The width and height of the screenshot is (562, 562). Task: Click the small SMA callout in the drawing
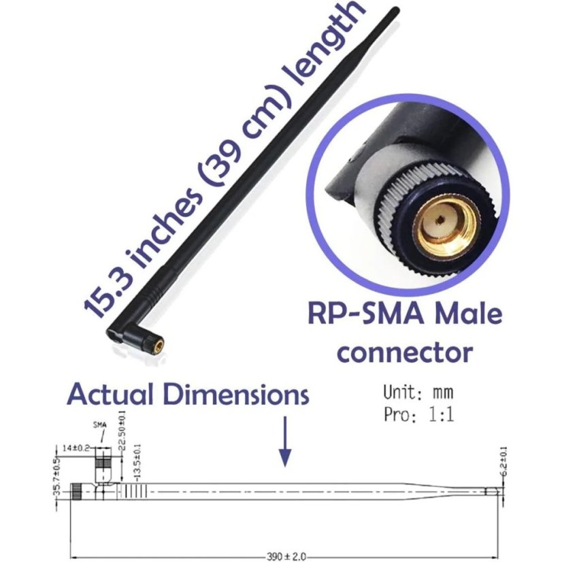(99, 426)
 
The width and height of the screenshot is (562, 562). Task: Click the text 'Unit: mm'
(418, 393)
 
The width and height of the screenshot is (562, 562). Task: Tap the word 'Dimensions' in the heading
(237, 395)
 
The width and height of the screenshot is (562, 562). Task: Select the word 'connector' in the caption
(405, 352)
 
